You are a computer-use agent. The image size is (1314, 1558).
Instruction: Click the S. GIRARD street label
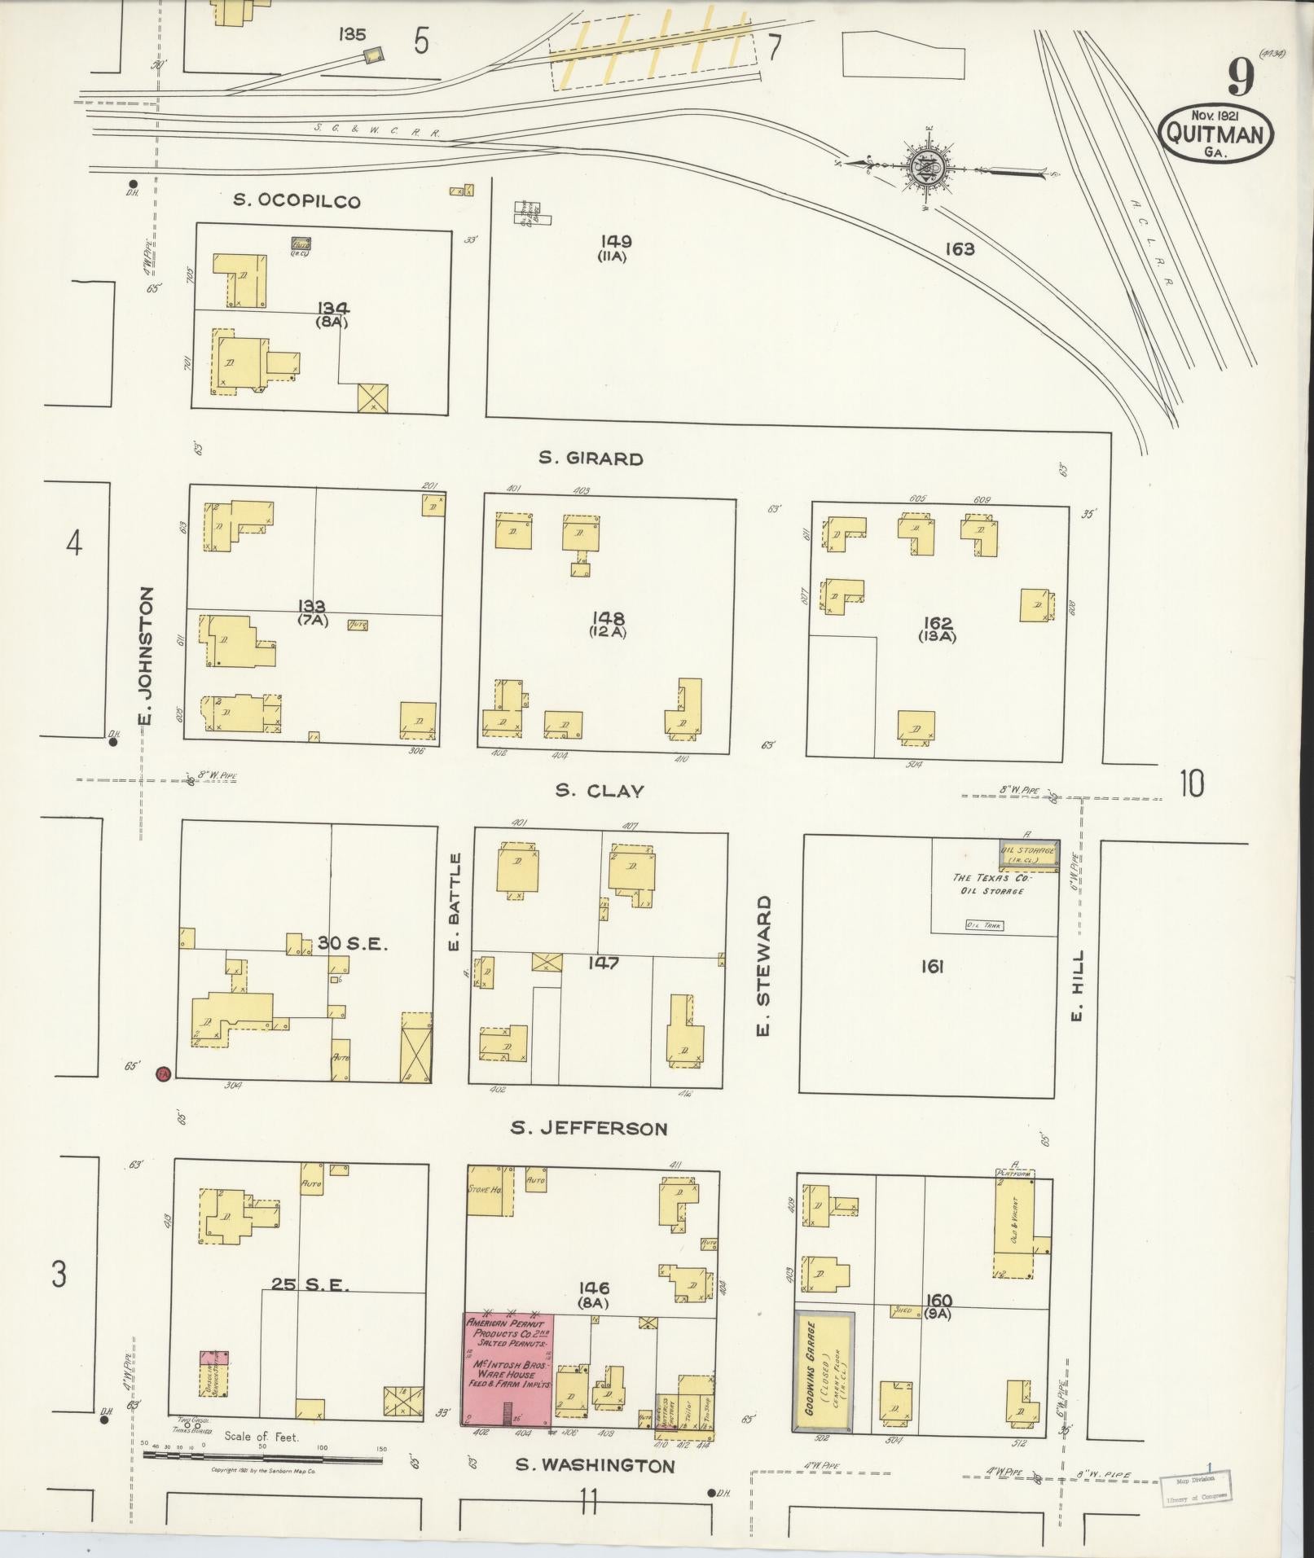[591, 459]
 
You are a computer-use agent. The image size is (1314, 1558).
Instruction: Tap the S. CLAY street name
[600, 791]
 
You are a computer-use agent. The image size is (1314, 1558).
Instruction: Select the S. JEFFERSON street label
[589, 1128]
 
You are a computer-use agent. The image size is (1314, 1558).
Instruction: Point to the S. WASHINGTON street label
[595, 1466]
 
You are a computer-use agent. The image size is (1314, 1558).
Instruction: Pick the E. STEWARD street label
[762, 967]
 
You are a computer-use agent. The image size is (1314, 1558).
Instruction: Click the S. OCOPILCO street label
[297, 201]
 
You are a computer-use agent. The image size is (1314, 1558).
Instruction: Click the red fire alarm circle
[163, 1073]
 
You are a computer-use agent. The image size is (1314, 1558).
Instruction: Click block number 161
[932, 967]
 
